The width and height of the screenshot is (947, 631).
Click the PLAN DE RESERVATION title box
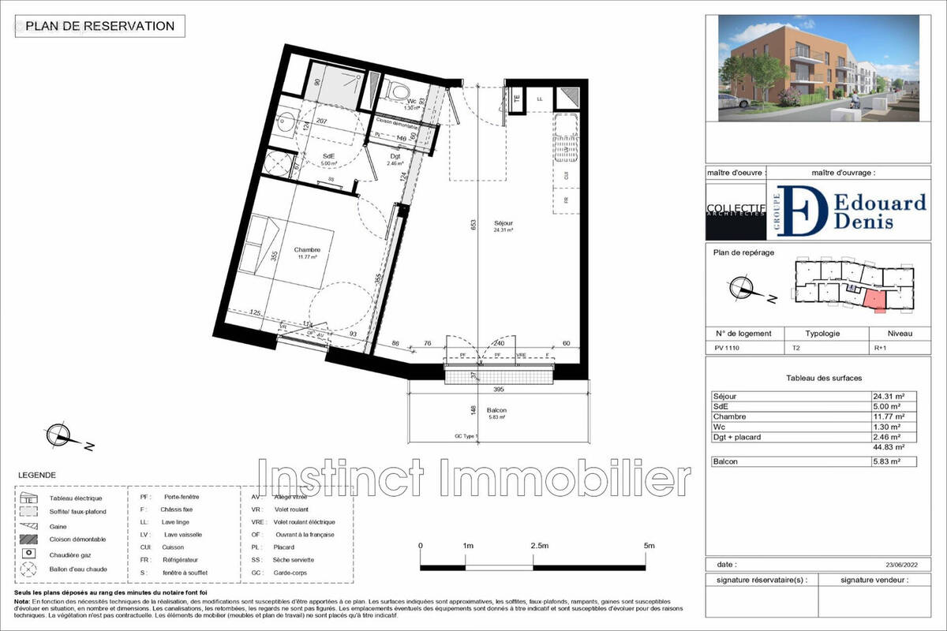click(x=100, y=26)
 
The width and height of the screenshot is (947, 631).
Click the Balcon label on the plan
click(x=496, y=410)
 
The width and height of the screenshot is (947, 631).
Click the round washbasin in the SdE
click(x=286, y=123)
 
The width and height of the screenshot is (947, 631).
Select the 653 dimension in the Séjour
click(x=472, y=224)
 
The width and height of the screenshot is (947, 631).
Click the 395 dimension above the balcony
click(x=497, y=390)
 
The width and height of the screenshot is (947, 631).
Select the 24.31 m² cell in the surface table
click(x=888, y=396)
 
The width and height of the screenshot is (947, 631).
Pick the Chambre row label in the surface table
click(x=729, y=416)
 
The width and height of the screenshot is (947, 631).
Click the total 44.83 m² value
click(x=888, y=447)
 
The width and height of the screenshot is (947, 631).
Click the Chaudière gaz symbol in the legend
click(x=28, y=554)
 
